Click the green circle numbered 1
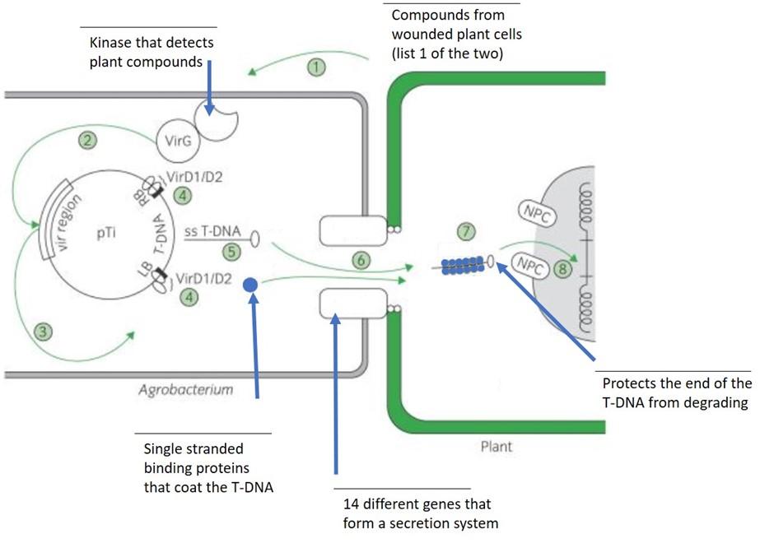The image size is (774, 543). click(317, 67)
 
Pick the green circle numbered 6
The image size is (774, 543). click(360, 260)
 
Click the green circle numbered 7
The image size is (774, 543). click(467, 231)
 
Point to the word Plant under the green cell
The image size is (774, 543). click(496, 447)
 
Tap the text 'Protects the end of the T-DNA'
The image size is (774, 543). click(677, 392)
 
